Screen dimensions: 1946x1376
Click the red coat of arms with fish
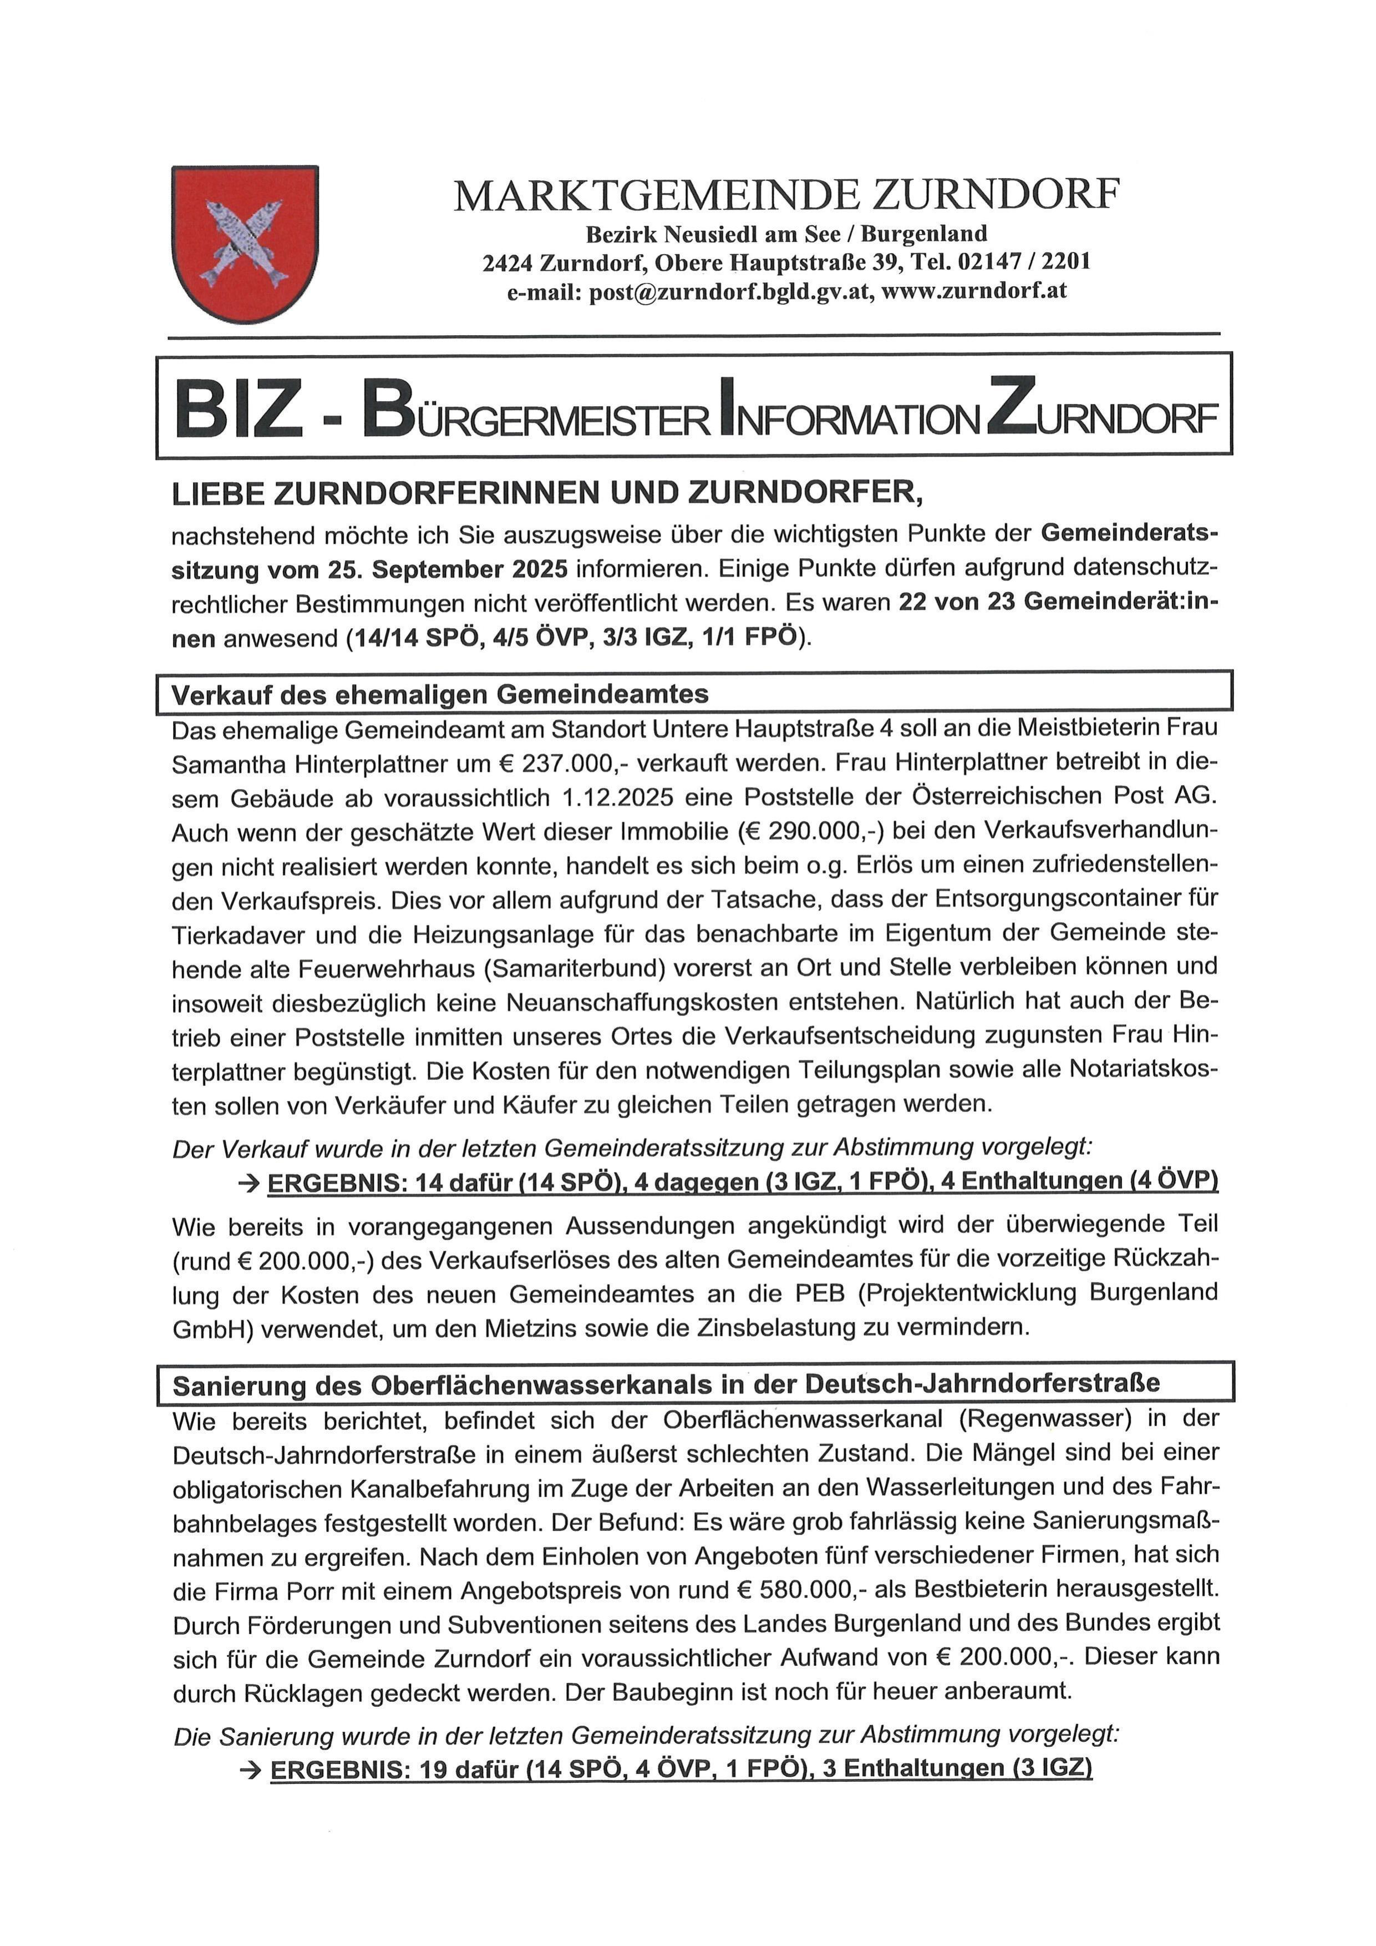click(x=245, y=243)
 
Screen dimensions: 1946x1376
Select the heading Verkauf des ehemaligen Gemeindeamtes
click(x=440, y=695)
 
